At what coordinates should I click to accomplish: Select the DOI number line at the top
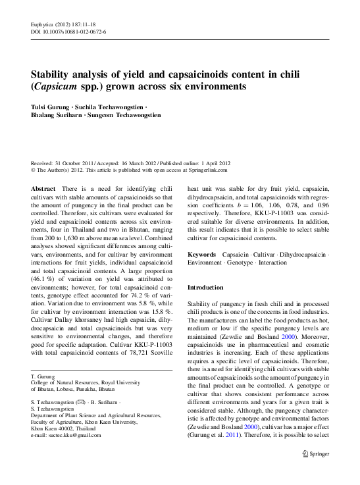68,32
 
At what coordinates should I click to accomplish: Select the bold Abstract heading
43,189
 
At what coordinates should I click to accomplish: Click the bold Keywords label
202,253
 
